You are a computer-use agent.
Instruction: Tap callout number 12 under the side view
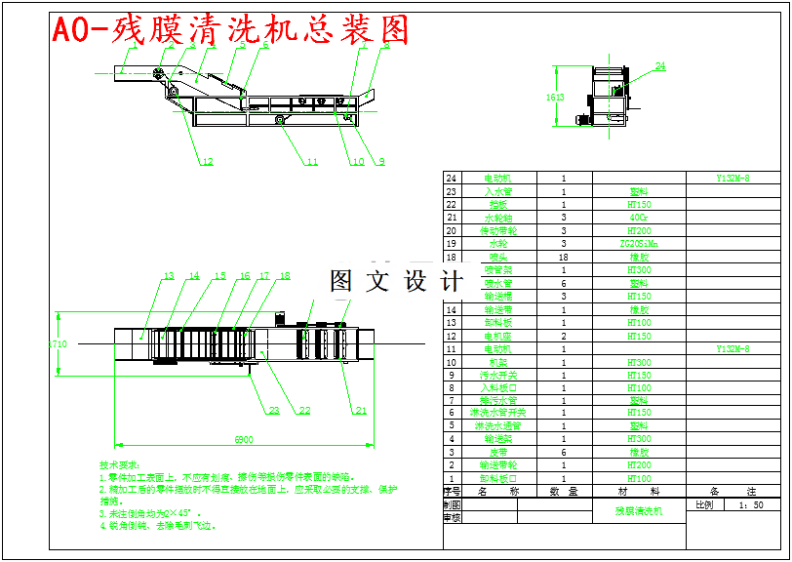tap(206, 163)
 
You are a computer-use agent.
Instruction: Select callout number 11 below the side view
tap(311, 163)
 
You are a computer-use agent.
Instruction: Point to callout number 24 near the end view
tap(660, 67)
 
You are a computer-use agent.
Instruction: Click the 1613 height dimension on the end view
tap(555, 98)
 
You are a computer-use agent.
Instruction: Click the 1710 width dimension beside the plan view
tap(59, 343)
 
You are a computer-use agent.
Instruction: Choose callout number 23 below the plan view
tap(274, 411)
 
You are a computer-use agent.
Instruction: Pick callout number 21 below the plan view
tap(360, 410)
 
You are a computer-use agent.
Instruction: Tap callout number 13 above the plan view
tap(168, 276)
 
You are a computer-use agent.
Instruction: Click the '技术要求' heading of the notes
tap(120, 465)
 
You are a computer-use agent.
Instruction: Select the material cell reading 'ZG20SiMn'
tap(639, 244)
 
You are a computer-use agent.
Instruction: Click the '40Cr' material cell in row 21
tap(639, 218)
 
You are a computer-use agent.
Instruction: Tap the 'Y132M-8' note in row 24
tap(733, 179)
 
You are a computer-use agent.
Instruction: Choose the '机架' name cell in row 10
tap(498, 362)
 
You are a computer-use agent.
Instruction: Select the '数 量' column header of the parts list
tap(564, 493)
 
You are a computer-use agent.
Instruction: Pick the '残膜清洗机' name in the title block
tap(639, 510)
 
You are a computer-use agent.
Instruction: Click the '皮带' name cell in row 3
tap(498, 454)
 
